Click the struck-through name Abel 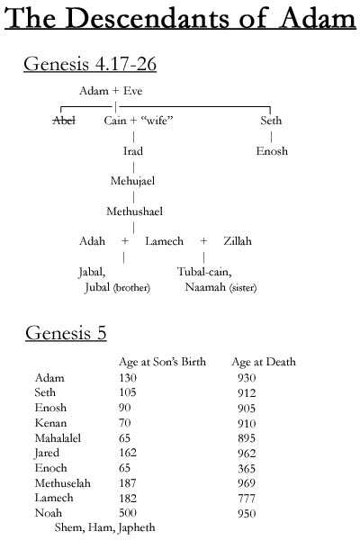pos(64,120)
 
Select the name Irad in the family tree pos(133,151)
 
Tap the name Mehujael pos(133,181)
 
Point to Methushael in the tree pos(134,211)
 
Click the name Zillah pos(238,241)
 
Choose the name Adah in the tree pos(92,241)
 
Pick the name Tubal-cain pos(205,272)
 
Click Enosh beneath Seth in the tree pos(271,151)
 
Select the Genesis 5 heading pos(66,333)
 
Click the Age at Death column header pos(264,362)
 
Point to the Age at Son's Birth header pos(162,362)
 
